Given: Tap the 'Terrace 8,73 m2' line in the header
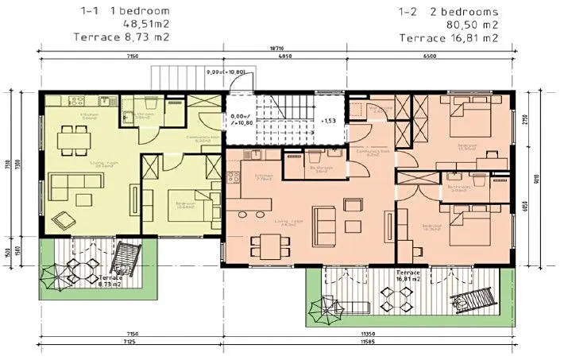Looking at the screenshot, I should click(x=122, y=37).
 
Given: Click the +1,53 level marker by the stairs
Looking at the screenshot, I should click(x=327, y=121).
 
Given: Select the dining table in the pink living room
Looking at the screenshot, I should click(x=266, y=243).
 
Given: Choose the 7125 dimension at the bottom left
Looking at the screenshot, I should click(x=129, y=349).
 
